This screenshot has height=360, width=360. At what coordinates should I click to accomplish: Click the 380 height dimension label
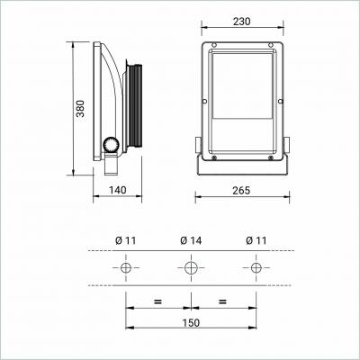80,108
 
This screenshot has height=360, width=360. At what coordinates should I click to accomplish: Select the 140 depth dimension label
117,190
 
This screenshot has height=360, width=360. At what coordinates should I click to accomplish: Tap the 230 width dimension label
241,22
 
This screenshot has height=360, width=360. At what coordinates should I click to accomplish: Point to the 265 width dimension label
241,190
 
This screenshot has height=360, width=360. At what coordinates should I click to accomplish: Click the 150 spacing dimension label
191,323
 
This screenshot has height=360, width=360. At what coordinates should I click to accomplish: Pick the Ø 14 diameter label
191,240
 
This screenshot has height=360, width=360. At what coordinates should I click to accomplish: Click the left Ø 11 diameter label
125,240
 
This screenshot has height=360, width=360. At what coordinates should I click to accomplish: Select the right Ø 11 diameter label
256,240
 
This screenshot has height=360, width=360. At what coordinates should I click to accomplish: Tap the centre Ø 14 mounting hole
191,267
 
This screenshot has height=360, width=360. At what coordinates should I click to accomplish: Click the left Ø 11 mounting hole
126,267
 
